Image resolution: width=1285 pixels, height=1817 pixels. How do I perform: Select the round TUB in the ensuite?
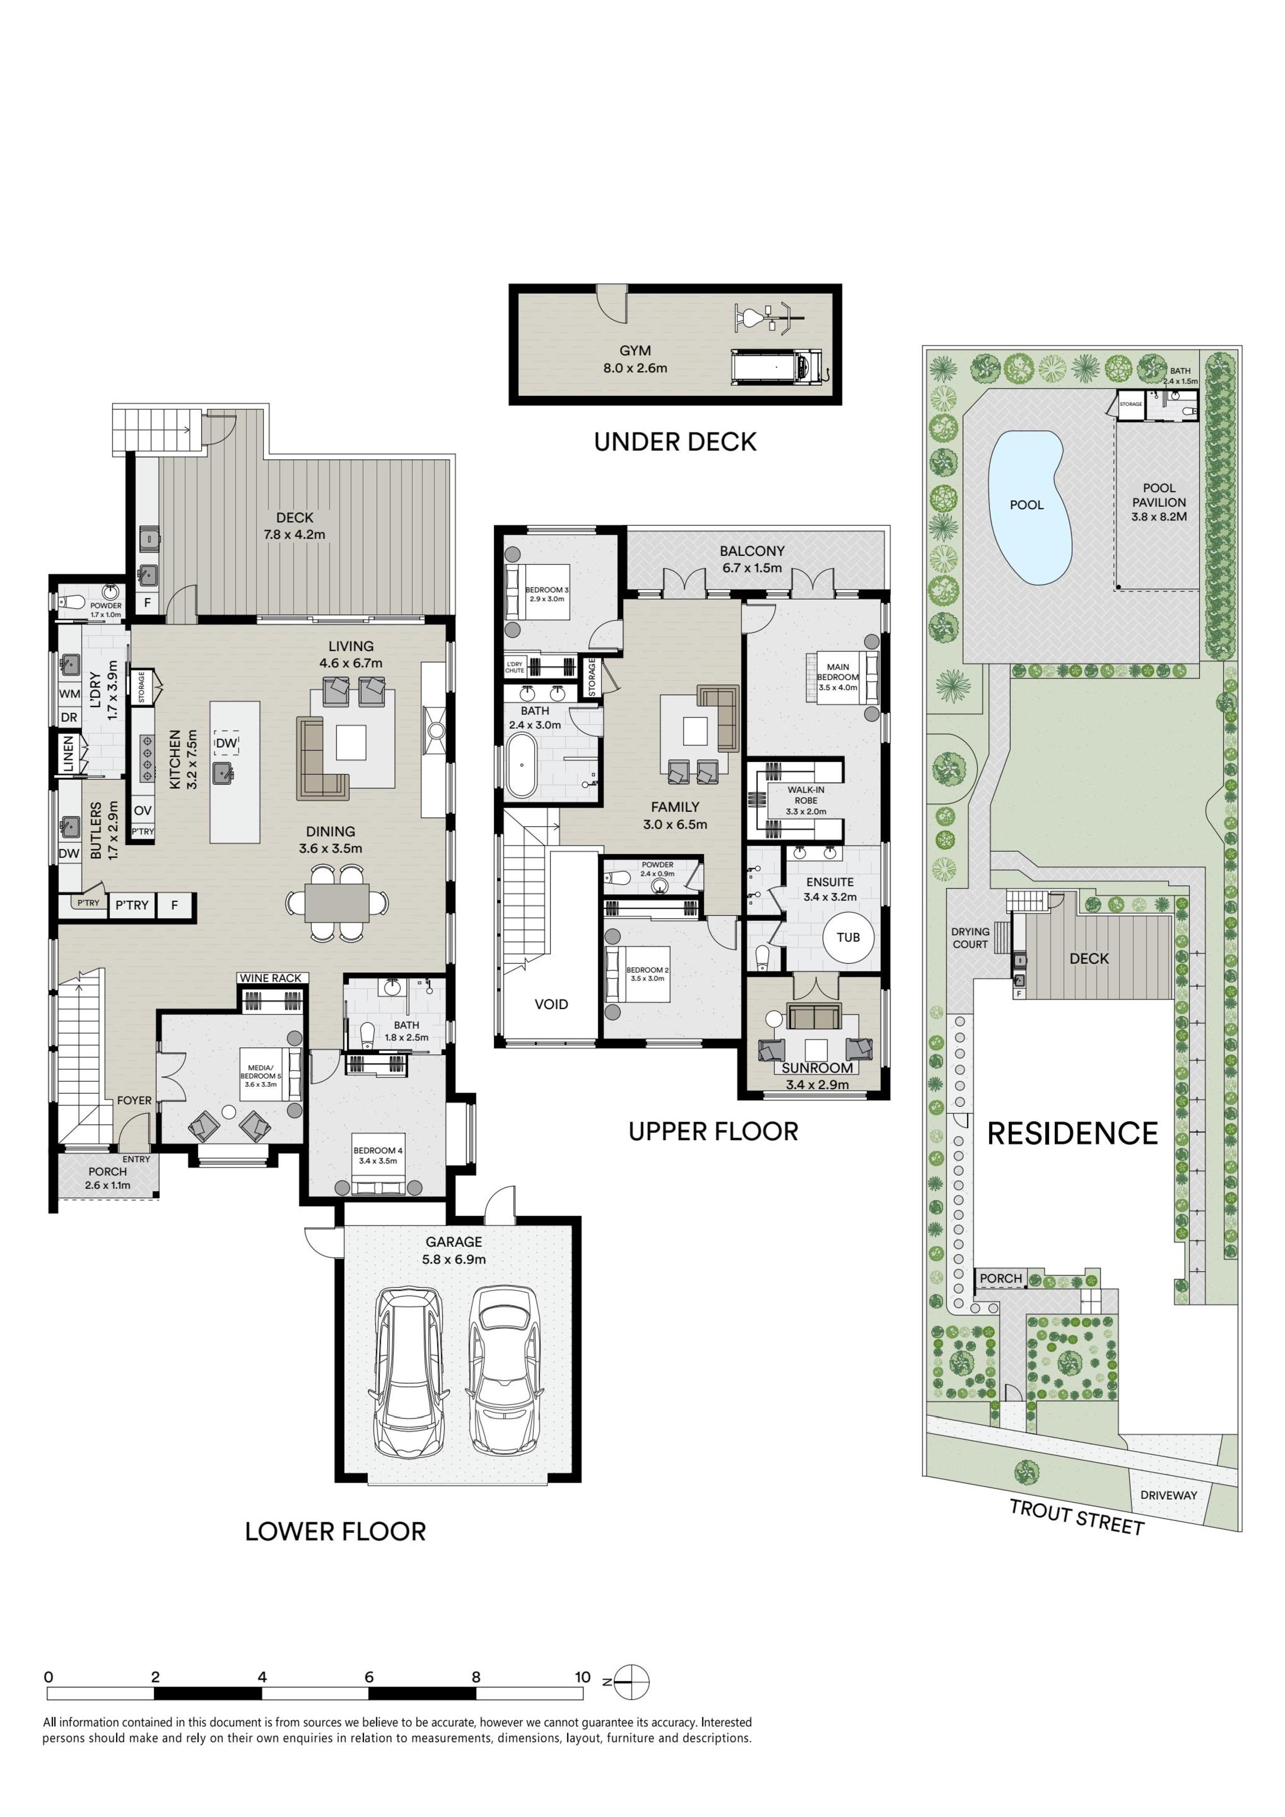[x=848, y=937]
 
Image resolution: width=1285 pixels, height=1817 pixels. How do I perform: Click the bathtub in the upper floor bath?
[x=521, y=765]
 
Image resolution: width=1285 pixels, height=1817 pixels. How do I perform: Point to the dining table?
[x=336, y=902]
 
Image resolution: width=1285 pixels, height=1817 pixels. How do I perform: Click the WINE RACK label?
[x=271, y=978]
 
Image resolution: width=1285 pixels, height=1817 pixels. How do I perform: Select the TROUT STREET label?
[x=1077, y=1517]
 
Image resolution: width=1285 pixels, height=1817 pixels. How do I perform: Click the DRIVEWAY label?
[x=1168, y=1495]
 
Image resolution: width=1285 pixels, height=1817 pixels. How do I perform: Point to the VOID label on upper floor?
[x=551, y=1004]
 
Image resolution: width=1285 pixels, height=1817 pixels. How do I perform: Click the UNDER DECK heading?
[x=675, y=442]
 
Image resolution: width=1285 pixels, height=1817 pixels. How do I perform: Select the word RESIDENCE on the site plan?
[x=1073, y=1133]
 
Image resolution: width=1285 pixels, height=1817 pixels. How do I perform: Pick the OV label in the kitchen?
[x=143, y=811]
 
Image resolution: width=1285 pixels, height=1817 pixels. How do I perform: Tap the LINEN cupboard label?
[x=68, y=754]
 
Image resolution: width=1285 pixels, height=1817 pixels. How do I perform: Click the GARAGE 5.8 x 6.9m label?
[x=454, y=1250]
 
